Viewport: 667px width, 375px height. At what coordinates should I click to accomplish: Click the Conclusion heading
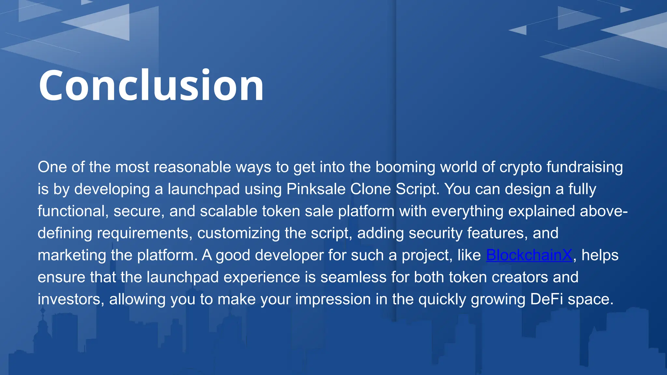[x=151, y=85]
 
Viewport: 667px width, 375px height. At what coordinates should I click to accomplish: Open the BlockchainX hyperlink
[x=529, y=255]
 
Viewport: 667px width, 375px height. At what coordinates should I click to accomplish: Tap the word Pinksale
[x=316, y=189]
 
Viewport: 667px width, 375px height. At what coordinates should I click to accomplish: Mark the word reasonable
[x=192, y=167]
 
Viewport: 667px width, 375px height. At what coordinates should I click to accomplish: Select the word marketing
[x=72, y=255]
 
